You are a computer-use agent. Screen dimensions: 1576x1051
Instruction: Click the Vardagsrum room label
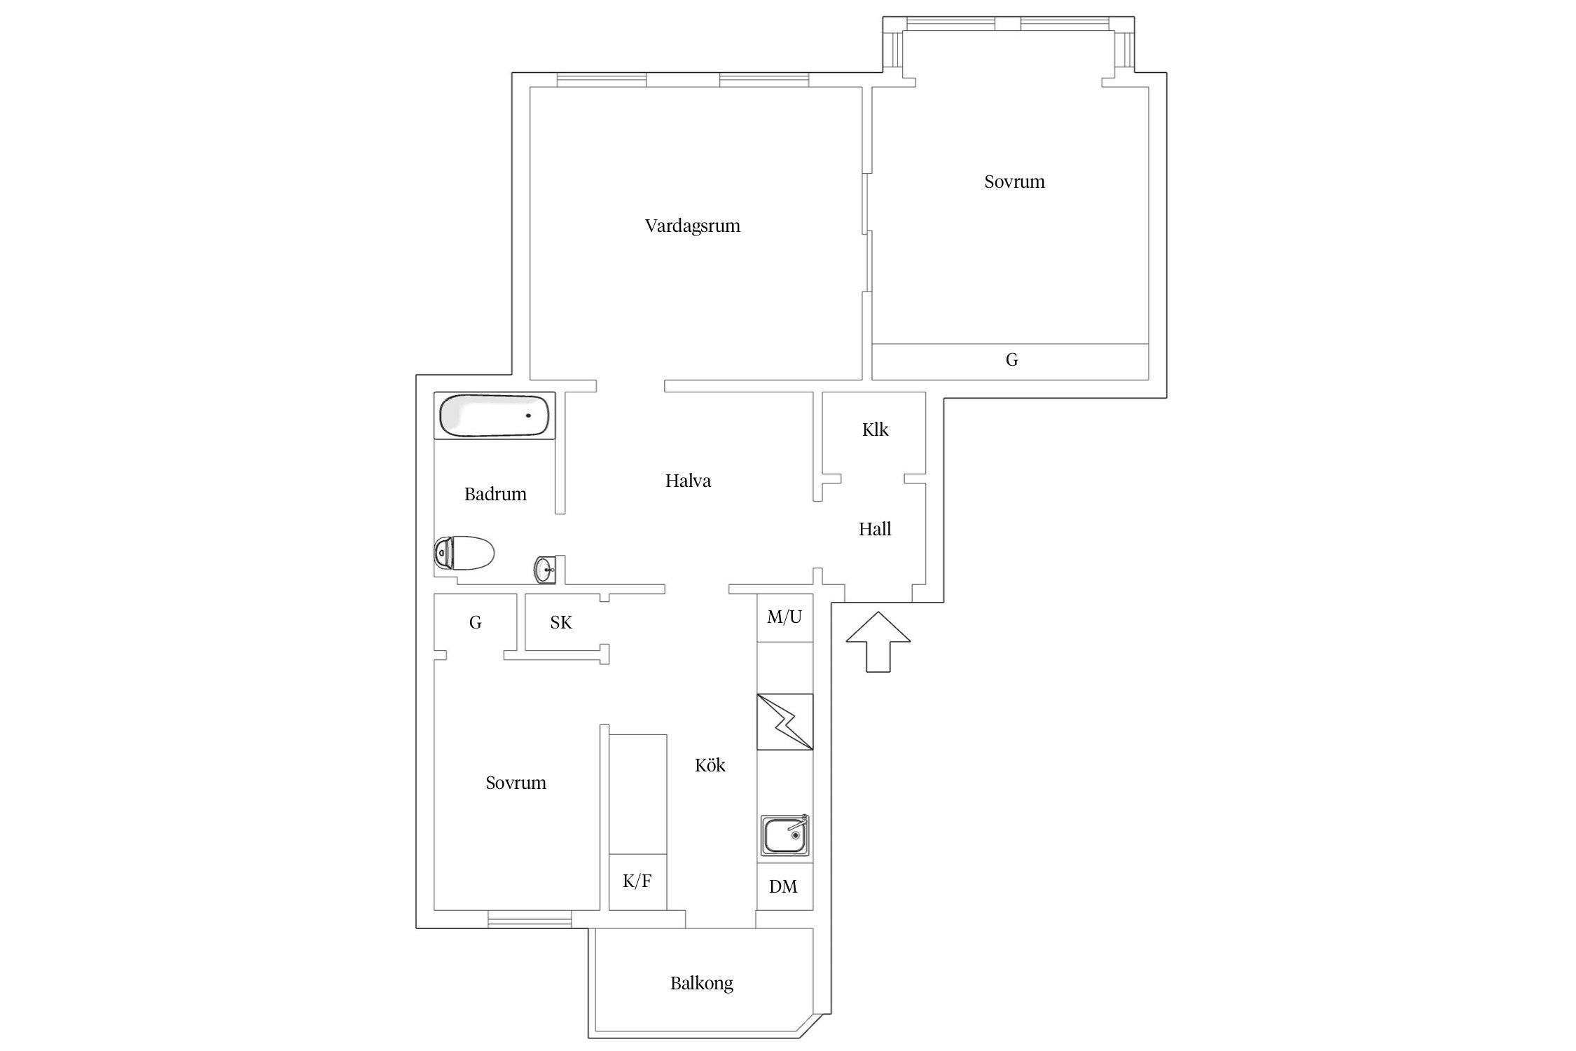pyautogui.click(x=692, y=226)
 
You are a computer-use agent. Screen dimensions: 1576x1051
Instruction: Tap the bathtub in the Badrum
pyautogui.click(x=495, y=415)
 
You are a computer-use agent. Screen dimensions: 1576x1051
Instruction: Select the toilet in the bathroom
pyautogui.click(x=464, y=553)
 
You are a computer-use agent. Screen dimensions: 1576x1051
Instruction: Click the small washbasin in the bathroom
pyautogui.click(x=545, y=570)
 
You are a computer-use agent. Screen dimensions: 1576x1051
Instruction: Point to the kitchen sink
pyautogui.click(x=785, y=834)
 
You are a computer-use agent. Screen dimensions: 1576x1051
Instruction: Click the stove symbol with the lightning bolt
pyautogui.click(x=785, y=722)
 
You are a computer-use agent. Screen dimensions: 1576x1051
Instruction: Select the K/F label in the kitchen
pyautogui.click(x=637, y=881)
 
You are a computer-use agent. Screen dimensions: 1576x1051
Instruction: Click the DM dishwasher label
pyautogui.click(x=783, y=886)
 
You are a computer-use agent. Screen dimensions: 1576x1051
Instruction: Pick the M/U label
pyautogui.click(x=784, y=617)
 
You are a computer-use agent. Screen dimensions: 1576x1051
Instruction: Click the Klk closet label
pyautogui.click(x=875, y=430)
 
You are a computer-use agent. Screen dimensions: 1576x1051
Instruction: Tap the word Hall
pyautogui.click(x=875, y=529)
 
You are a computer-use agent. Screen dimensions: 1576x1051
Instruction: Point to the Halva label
pyautogui.click(x=688, y=481)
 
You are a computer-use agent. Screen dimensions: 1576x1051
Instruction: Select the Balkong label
pyautogui.click(x=701, y=984)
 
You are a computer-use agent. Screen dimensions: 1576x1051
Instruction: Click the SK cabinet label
pyautogui.click(x=561, y=622)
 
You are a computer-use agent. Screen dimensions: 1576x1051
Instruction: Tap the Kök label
pyautogui.click(x=710, y=765)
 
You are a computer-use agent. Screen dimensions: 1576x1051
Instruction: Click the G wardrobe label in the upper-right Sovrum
pyautogui.click(x=1011, y=360)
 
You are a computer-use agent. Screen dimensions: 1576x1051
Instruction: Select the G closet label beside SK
pyautogui.click(x=475, y=622)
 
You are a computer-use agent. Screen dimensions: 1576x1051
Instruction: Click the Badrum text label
pyautogui.click(x=495, y=494)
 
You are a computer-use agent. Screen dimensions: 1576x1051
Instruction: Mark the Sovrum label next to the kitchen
pyautogui.click(x=516, y=783)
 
